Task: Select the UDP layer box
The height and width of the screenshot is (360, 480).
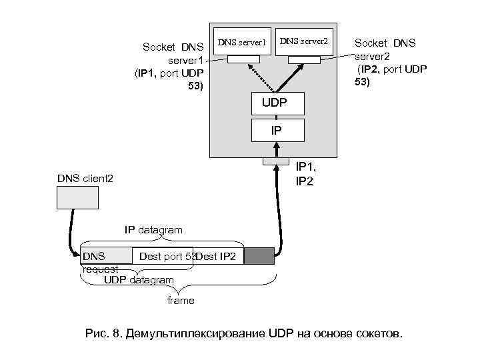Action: click(277, 103)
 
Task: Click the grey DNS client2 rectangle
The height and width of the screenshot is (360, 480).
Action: click(77, 197)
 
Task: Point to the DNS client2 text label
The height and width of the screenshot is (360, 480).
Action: click(85, 179)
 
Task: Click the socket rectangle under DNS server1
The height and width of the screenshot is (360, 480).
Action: click(243, 59)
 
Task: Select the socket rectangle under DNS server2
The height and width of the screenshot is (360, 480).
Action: click(303, 59)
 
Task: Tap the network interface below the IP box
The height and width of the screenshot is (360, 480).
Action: click(276, 161)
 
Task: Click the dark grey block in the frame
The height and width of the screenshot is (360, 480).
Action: click(259, 256)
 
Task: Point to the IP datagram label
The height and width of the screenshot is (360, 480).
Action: click(153, 230)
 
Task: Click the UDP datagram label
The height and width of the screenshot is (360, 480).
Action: click(139, 280)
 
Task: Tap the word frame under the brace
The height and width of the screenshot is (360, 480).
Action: click(181, 301)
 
